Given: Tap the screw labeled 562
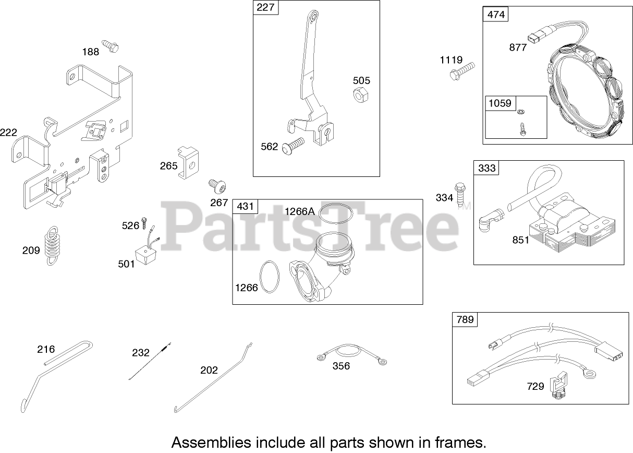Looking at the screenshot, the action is [294, 146].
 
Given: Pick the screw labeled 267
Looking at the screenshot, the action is [216, 186].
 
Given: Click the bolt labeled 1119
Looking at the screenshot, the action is [462, 70].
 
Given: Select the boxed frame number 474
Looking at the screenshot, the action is [496, 14].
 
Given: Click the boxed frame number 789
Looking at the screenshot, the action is [465, 319].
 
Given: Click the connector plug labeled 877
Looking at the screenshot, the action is [534, 38].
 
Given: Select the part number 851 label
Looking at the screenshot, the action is [520, 240].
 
